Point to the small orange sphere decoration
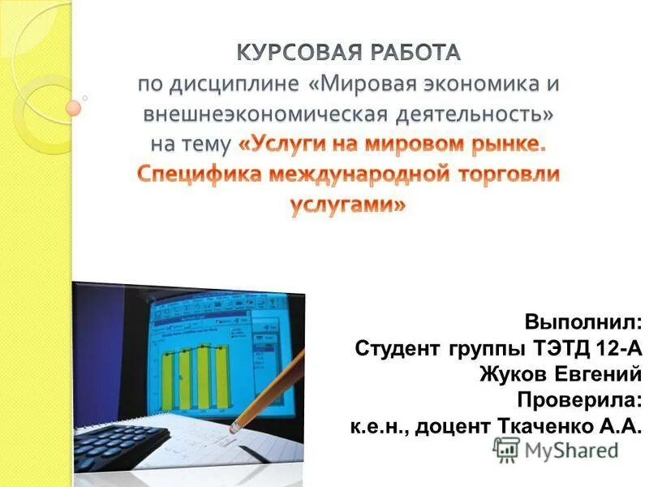(x=74, y=107)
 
